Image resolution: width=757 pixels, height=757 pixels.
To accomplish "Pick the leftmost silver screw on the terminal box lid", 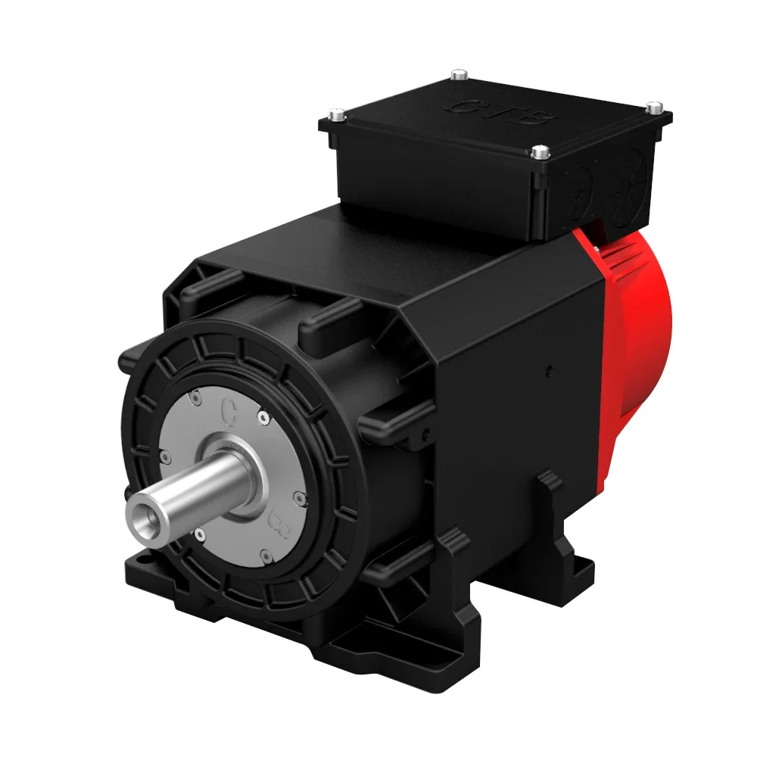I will tap(337, 115).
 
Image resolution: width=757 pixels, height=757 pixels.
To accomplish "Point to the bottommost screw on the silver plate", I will tap(266, 556).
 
